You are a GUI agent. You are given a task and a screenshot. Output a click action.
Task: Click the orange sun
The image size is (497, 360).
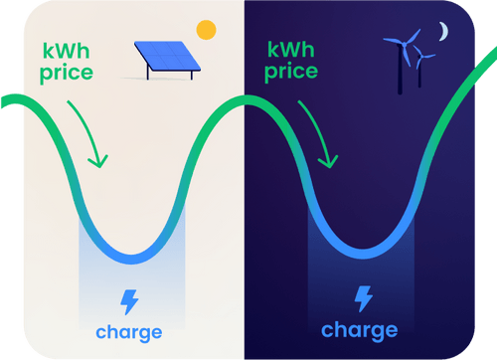pos(206,30)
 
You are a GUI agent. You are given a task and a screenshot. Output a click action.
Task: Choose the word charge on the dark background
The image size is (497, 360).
pos(359,330)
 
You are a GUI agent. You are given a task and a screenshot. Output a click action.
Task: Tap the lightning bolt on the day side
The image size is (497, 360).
pos(129,301)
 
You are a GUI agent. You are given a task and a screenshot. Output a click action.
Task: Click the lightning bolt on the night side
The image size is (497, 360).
pos(364,298)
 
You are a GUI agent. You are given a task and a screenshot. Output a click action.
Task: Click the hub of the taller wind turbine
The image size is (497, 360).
pos(401,46)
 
